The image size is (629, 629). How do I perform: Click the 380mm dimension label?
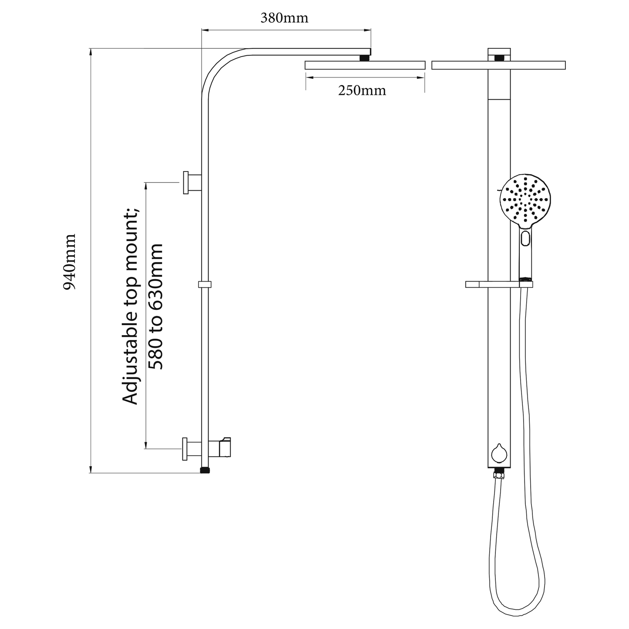(x=284, y=18)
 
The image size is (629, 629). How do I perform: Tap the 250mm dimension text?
(x=362, y=91)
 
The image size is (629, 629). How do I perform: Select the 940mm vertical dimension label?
(x=70, y=262)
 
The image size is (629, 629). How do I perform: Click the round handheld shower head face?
(x=525, y=199)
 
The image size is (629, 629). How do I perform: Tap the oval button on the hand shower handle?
(x=525, y=238)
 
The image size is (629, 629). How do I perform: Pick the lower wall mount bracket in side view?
(x=192, y=449)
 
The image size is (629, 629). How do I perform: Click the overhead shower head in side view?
(x=365, y=65)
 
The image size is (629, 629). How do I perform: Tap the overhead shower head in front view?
(x=498, y=65)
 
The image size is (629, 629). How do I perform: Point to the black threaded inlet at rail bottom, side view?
(x=205, y=471)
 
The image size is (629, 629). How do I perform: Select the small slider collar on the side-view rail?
(x=205, y=284)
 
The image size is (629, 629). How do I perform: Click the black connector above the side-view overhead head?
(x=364, y=58)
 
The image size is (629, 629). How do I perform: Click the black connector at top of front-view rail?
(x=499, y=58)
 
